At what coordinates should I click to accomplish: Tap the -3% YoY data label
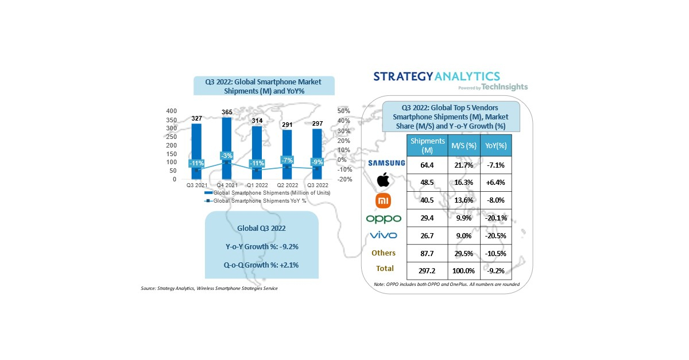click(x=226, y=156)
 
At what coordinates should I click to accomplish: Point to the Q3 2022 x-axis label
click(x=318, y=185)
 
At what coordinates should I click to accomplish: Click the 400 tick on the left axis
click(x=171, y=111)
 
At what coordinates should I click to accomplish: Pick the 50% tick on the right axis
click(x=343, y=111)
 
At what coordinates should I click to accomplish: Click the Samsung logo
click(x=385, y=163)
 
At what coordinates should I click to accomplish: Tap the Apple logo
click(x=383, y=181)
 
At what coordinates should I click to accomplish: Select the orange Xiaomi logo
click(x=383, y=201)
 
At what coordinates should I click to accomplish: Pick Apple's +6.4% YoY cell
click(x=495, y=180)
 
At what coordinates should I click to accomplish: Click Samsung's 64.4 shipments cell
click(x=427, y=165)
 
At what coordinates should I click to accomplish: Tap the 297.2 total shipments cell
click(x=427, y=269)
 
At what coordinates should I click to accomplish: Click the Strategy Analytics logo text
click(x=436, y=76)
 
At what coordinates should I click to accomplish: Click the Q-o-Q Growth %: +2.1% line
click(x=261, y=265)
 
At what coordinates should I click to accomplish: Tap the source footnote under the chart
click(x=209, y=288)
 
